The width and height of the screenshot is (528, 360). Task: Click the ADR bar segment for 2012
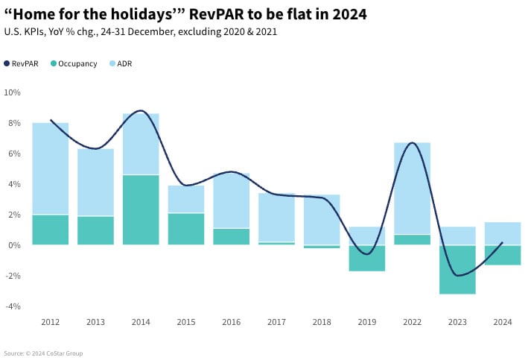[51, 168]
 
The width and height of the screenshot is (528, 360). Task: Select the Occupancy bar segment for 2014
[141, 209]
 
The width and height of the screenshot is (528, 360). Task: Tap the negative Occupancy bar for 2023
[457, 269]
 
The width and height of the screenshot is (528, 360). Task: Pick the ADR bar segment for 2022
[412, 188]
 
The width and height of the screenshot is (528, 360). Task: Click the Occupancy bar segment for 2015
[186, 229]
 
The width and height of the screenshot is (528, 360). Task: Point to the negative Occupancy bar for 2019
[367, 258]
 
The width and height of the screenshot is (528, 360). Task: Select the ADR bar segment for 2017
[276, 217]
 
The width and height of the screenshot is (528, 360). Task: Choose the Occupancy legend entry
[74, 64]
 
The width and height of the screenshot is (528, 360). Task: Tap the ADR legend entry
[121, 64]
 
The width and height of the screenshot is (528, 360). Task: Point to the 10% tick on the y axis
[13, 92]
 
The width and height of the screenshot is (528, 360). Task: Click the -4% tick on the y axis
[13, 306]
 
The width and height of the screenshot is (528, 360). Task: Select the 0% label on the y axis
[15, 245]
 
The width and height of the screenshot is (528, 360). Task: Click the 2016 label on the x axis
[232, 322]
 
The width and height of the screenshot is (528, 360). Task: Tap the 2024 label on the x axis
[503, 322]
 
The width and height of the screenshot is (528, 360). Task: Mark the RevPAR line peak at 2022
[412, 142]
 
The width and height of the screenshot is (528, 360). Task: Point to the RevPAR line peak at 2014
[141, 110]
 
